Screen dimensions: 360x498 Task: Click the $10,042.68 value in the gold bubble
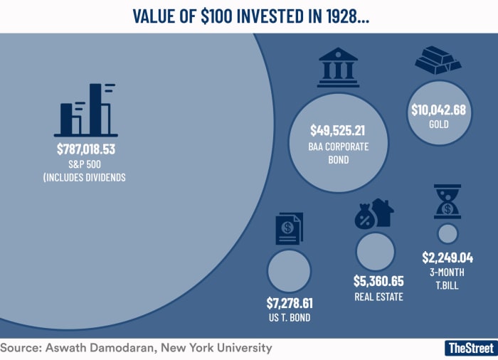pos(438,110)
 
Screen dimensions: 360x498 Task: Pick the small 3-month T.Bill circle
pos(447,233)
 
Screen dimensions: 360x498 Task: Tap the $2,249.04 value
pos(447,258)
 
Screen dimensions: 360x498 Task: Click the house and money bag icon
pos(374,213)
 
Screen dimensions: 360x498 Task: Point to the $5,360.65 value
pos(378,281)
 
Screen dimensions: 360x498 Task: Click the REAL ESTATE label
pos(378,297)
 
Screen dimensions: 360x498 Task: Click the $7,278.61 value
pos(289,304)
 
